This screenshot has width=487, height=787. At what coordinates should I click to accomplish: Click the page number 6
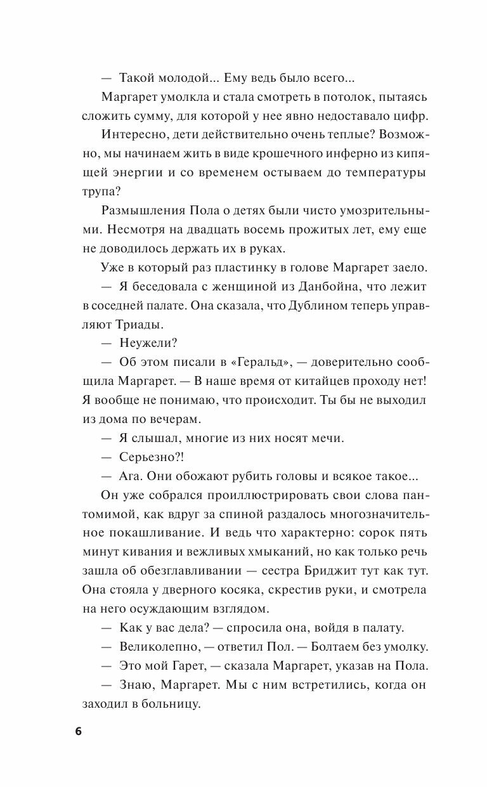78,731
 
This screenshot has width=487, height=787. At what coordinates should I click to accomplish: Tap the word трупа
100,192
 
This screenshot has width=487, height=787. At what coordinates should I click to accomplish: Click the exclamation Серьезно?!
151,457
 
